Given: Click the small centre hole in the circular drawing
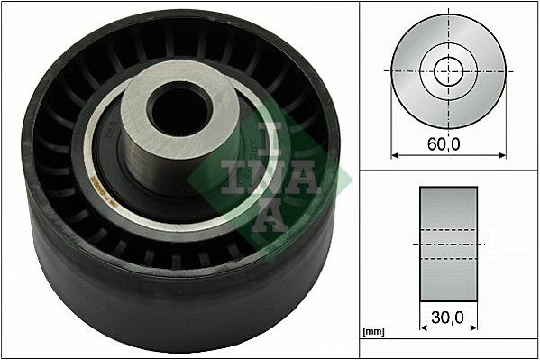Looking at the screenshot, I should pyautogui.click(x=445, y=69).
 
